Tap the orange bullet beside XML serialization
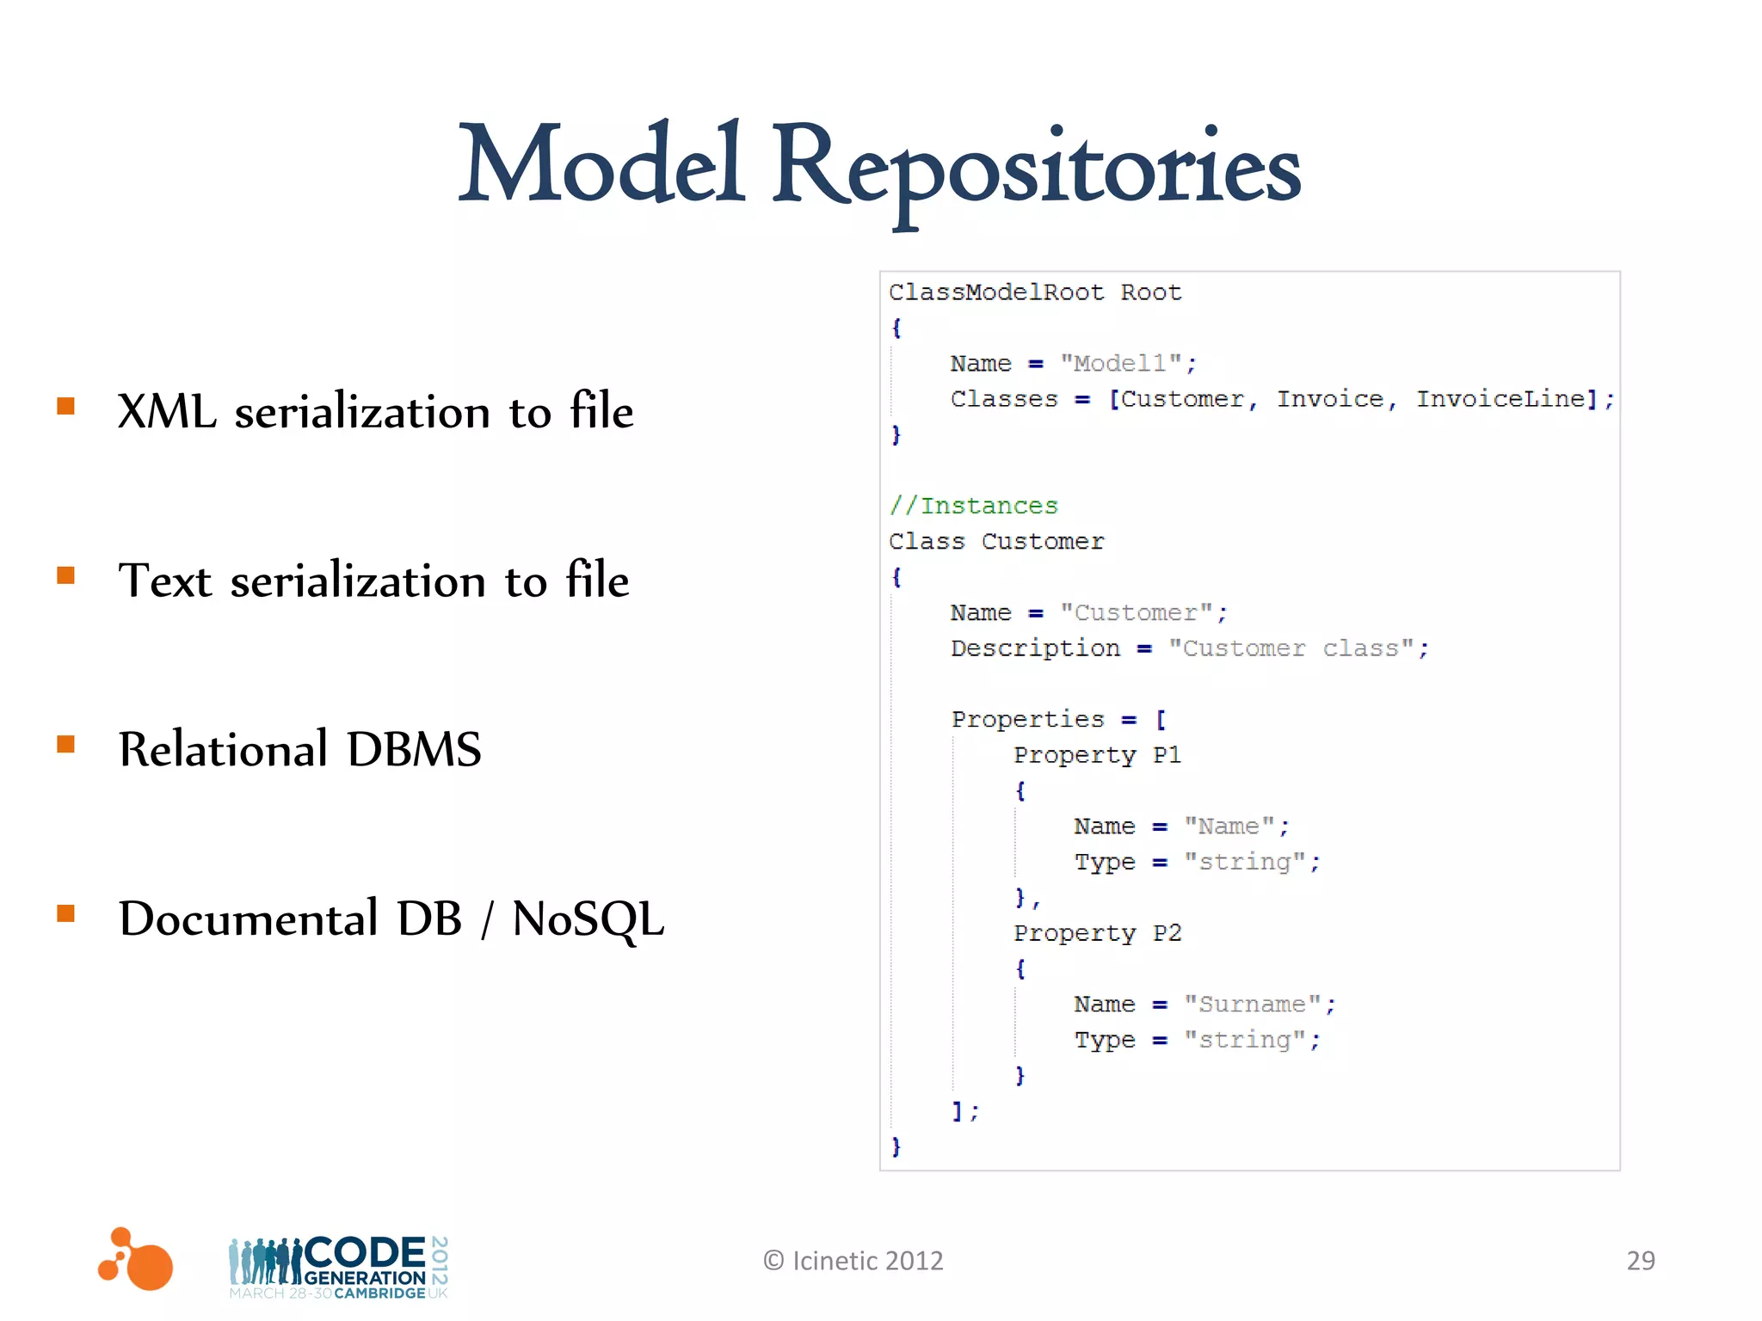pyautogui.click(x=66, y=405)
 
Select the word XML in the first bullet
pyautogui.click(x=167, y=411)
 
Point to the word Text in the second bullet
pyautogui.click(x=164, y=580)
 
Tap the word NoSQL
pyautogui.click(x=588, y=919)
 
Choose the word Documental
pyautogui.click(x=249, y=919)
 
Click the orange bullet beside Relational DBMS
pyautogui.click(x=66, y=744)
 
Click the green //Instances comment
pyautogui.click(x=973, y=506)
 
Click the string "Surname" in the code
pyautogui.click(x=1252, y=1005)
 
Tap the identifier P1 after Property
pyautogui.click(x=1167, y=755)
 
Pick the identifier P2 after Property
pyautogui.click(x=1167, y=933)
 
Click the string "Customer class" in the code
pyautogui.click(x=1291, y=648)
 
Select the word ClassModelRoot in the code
pyautogui.click(x=996, y=292)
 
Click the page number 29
pyautogui.click(x=1640, y=1261)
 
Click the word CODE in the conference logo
pyautogui.click(x=366, y=1252)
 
